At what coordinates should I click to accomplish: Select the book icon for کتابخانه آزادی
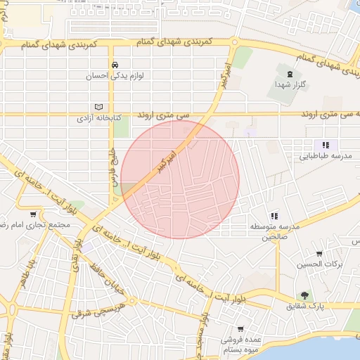tap(98, 107)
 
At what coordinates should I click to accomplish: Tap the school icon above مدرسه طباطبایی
tap(325, 144)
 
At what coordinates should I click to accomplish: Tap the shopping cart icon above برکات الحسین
tap(319, 253)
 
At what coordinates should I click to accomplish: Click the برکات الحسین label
tap(319, 264)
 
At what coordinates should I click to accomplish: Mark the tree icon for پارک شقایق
tap(304, 295)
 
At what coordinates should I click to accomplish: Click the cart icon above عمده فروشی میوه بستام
tap(241, 328)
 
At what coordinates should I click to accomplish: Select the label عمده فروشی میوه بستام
tap(241, 345)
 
